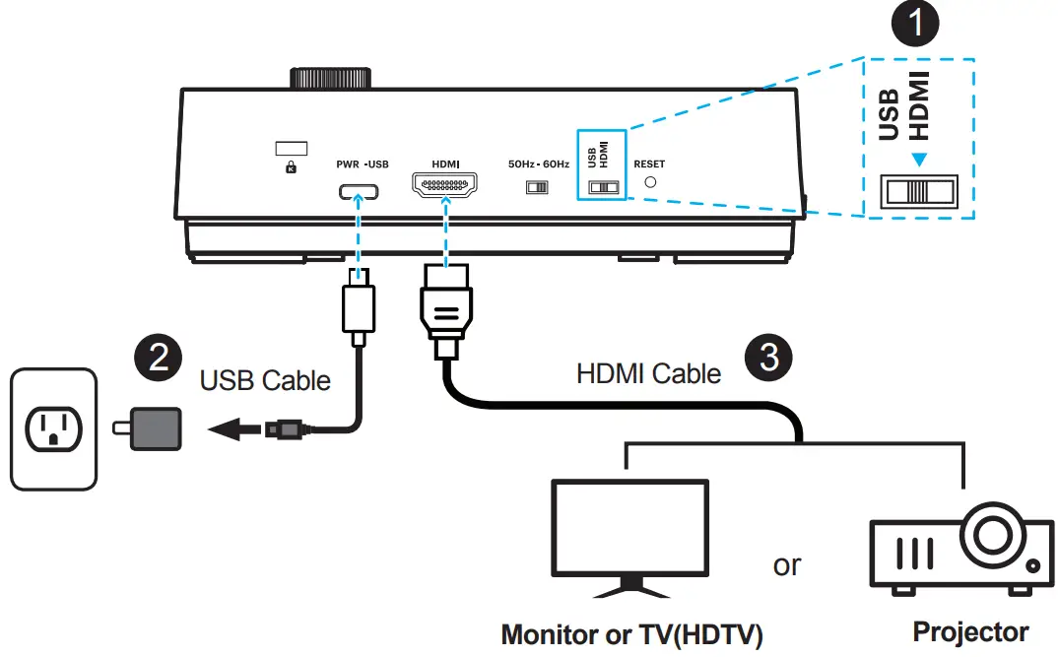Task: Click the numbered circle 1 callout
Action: coord(915,23)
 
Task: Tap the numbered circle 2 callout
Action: coord(158,357)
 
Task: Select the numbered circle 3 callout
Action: coord(768,357)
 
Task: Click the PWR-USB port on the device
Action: coord(359,191)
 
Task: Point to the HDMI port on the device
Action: coord(444,184)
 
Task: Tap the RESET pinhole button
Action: coord(650,182)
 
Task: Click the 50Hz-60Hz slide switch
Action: coord(537,187)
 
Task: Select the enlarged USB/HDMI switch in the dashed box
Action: coord(918,191)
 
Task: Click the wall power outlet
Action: coord(53,429)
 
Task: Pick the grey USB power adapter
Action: coord(149,428)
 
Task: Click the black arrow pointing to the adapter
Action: coord(234,428)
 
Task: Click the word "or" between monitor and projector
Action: coord(787,565)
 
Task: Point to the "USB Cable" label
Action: coord(265,381)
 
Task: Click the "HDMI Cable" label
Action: coord(648,373)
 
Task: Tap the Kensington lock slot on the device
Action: coord(292,149)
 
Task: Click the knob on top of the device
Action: coord(331,78)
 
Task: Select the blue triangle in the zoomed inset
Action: coord(918,160)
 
